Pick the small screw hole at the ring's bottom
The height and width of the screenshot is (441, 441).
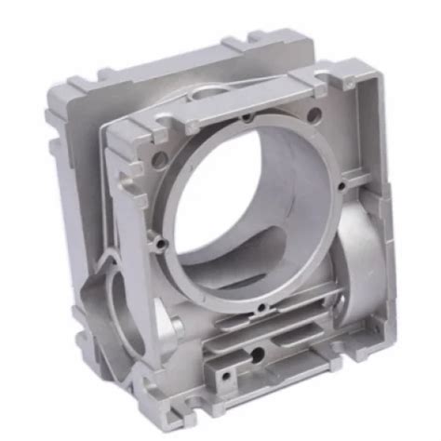coord(263,308)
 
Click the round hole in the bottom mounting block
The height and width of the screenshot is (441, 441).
coord(257,355)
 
